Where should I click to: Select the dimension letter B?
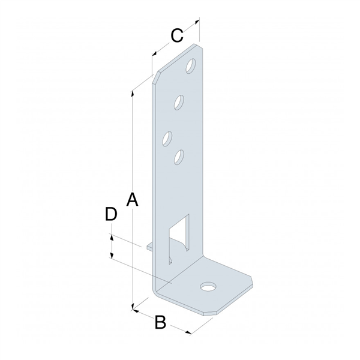tap(160, 322)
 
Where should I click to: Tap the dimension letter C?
tap(176, 36)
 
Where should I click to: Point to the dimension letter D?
tap(110, 214)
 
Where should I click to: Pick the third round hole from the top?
tap(167, 138)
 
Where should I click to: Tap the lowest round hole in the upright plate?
tap(178, 157)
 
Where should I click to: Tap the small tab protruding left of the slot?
tap(151, 245)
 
